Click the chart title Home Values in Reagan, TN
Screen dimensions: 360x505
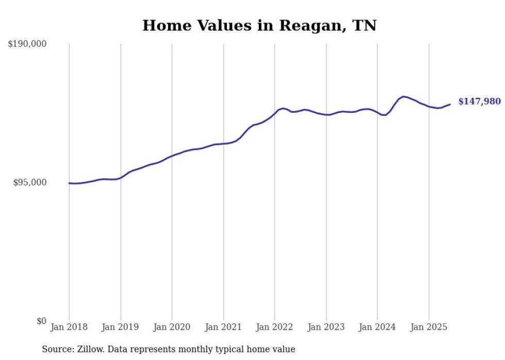pyautogui.click(x=259, y=25)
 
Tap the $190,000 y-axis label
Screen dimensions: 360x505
pyautogui.click(x=27, y=44)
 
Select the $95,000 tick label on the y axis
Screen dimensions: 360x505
pyautogui.click(x=29, y=183)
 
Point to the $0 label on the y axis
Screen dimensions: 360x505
pyautogui.click(x=41, y=321)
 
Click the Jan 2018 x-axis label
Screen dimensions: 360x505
pyautogui.click(x=69, y=327)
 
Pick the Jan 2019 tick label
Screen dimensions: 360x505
pyautogui.click(x=121, y=327)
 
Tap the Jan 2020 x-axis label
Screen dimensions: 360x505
pyautogui.click(x=172, y=327)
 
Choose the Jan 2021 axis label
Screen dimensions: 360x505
pyautogui.click(x=223, y=327)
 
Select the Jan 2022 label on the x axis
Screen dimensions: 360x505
pyautogui.click(x=275, y=327)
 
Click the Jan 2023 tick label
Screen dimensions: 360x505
pyautogui.click(x=326, y=327)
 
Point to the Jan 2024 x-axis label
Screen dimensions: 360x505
pyautogui.click(x=377, y=327)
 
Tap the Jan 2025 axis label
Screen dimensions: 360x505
pyautogui.click(x=429, y=327)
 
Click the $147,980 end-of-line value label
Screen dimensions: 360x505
pyautogui.click(x=479, y=101)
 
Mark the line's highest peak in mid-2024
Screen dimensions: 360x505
pyautogui.click(x=403, y=96)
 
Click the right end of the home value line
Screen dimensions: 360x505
pyautogui.click(x=450, y=105)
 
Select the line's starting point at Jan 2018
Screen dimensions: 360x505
pyautogui.click(x=69, y=183)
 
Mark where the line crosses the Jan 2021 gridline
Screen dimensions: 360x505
pyautogui.click(x=223, y=144)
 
